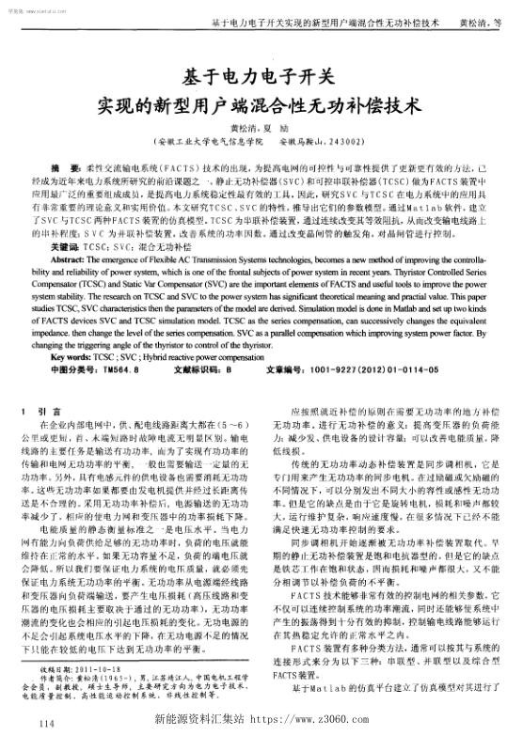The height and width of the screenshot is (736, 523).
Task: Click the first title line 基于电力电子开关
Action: pyautogui.click(x=261, y=75)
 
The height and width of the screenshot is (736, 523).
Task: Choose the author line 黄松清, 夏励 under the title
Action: pyautogui.click(x=261, y=129)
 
